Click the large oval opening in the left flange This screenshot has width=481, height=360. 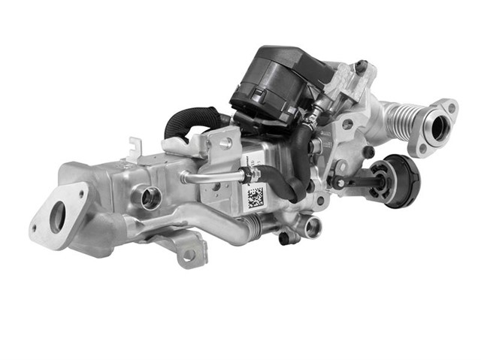pos(58,217)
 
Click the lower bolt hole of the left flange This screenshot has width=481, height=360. pos(34,228)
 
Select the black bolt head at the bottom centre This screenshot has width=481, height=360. pos(285,238)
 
